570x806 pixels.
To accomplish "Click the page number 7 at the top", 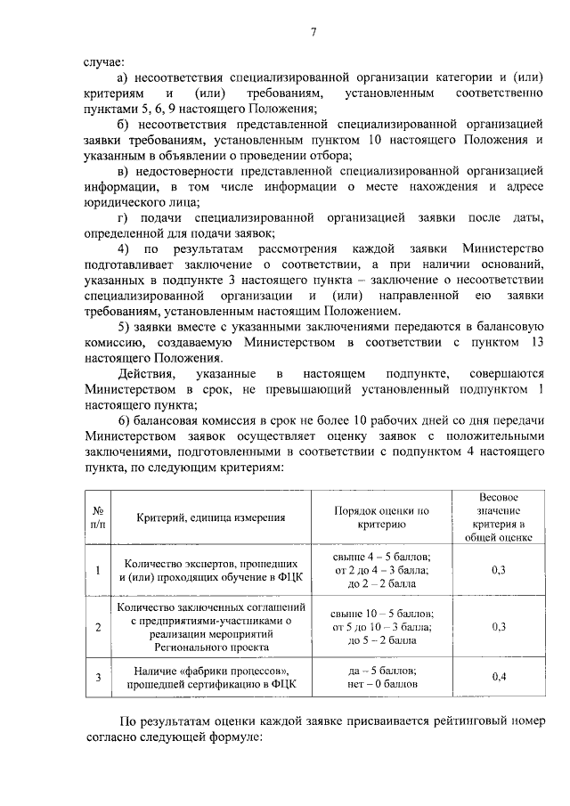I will click(313, 34).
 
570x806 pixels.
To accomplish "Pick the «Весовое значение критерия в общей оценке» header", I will click(499, 517).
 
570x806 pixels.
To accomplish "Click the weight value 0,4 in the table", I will click(499, 677).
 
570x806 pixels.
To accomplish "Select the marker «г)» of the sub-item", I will click(123, 217).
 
